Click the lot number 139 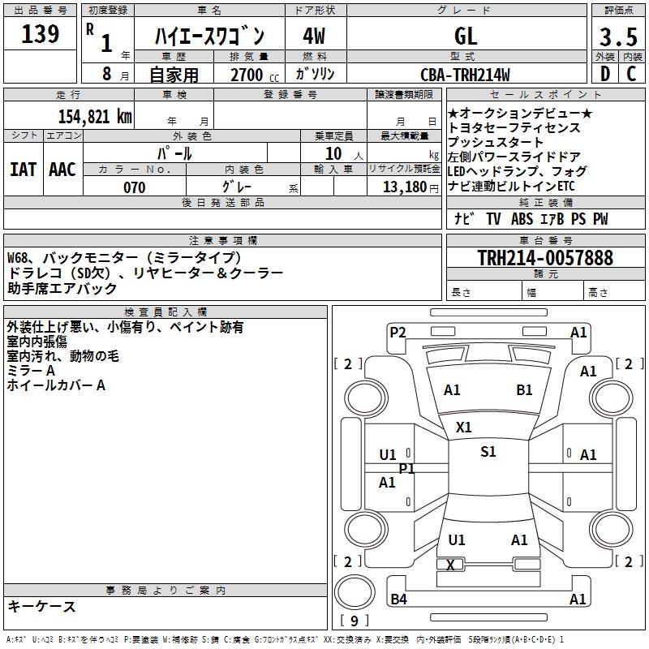pyautogui.click(x=41, y=34)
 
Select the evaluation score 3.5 pyautogui.click(x=617, y=37)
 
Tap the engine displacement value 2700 pyautogui.click(x=247, y=75)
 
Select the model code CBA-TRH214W pyautogui.click(x=466, y=75)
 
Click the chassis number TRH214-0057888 pyautogui.click(x=545, y=259)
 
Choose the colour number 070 pyautogui.click(x=134, y=187)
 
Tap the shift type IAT pyautogui.click(x=23, y=169)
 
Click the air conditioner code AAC pyautogui.click(x=62, y=169)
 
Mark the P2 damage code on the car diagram pyautogui.click(x=398, y=332)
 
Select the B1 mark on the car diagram pyautogui.click(x=524, y=390)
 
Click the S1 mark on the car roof pyautogui.click(x=488, y=452)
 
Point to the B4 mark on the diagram pyautogui.click(x=398, y=600)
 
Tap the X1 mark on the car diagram pyautogui.click(x=464, y=427)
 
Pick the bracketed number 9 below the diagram pyautogui.click(x=354, y=621)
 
